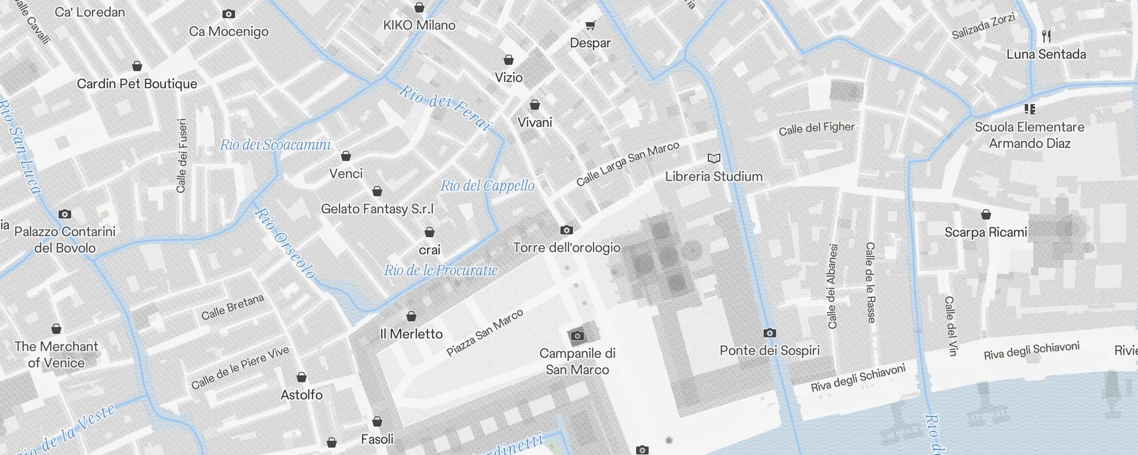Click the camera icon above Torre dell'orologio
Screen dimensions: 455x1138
point(566,230)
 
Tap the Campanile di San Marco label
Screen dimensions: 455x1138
point(577,361)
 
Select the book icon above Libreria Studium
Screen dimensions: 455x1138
point(714,158)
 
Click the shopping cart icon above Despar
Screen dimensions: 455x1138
point(590,25)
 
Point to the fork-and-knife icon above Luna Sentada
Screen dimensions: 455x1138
point(1046,36)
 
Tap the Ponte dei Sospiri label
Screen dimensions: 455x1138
point(769,350)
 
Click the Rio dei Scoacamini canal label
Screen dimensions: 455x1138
point(275,145)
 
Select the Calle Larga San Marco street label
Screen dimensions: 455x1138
point(627,164)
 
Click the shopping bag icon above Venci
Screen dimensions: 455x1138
point(345,156)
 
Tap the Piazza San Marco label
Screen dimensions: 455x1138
point(484,333)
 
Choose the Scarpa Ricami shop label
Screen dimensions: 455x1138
point(986,232)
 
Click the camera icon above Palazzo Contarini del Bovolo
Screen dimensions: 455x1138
point(65,214)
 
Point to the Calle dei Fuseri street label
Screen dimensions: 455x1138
point(182,155)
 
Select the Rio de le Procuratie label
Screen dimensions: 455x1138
point(440,270)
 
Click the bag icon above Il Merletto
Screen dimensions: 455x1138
point(411,316)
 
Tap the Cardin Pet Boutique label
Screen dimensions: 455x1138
point(137,84)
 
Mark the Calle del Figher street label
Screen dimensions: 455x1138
point(816,129)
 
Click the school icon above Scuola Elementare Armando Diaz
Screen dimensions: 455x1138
point(1029,109)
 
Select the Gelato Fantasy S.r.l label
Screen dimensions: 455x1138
point(377,209)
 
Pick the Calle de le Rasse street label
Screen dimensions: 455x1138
point(870,282)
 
